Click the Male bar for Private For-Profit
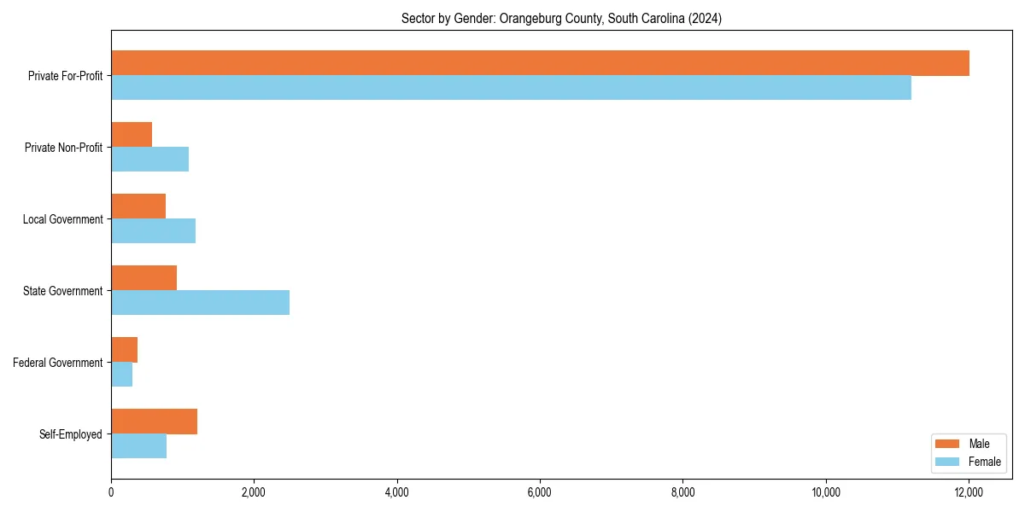(540, 63)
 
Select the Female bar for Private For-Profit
(511, 88)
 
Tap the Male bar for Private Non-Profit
(132, 135)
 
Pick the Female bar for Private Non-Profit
(149, 160)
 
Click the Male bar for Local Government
(138, 207)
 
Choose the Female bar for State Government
(200, 303)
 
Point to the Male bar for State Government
(143, 278)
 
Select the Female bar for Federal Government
(121, 375)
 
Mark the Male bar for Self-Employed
(154, 422)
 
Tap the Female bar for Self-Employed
(138, 446)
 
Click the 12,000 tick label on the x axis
(969, 492)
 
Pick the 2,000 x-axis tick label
(254, 492)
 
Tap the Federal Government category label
(58, 363)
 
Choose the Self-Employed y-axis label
(71, 434)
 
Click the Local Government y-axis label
(63, 219)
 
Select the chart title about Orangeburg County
(561, 19)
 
